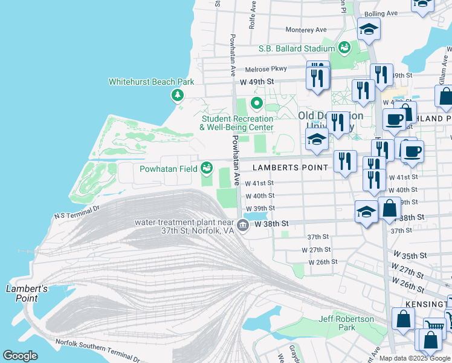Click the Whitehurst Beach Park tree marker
tap(177, 94)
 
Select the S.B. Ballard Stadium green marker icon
tap(344, 47)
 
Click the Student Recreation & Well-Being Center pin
tap(256, 103)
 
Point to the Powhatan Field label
tap(168, 169)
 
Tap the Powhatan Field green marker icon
tap(207, 167)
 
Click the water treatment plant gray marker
tap(243, 226)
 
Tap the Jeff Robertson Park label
tap(347, 323)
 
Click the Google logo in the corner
tap(20, 356)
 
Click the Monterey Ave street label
tap(306, 30)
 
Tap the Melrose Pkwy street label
tap(265, 69)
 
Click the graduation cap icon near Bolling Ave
tap(369, 29)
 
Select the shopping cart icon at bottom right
tap(434, 327)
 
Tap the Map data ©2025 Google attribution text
tap(415, 358)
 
